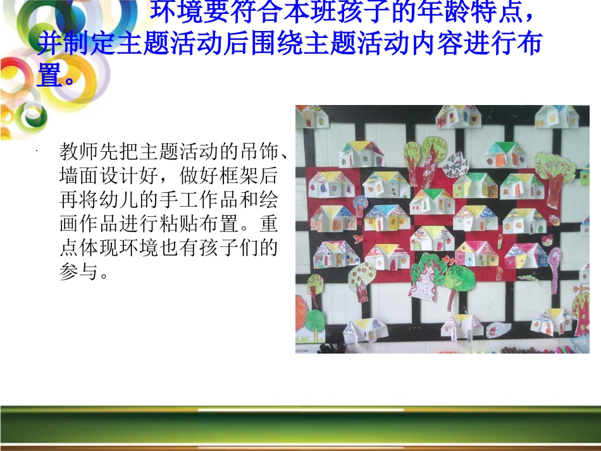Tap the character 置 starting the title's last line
(49, 77)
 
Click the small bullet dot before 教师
(39, 151)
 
